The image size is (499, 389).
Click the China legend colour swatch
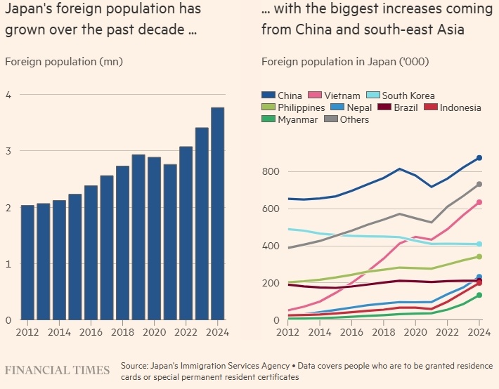click(268, 95)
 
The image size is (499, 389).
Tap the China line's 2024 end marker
click(479, 158)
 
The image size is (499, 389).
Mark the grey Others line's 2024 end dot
click(479, 184)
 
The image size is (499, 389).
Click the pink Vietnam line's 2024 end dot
click(479, 202)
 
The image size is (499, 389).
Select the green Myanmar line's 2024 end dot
click(479, 295)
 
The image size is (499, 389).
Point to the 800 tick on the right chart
click(271, 172)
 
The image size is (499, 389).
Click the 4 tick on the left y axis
click(8, 95)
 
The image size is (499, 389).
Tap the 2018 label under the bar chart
click(122, 332)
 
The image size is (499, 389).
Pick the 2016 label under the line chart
click(352, 332)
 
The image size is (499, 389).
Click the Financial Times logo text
click(57, 370)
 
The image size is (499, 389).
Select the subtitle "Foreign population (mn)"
click(64, 61)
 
